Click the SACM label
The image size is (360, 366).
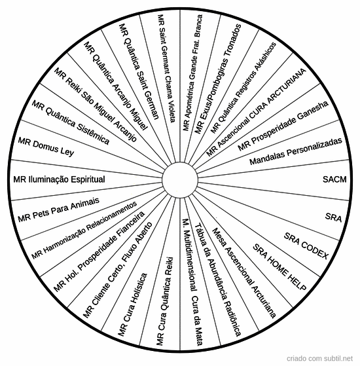tap(334, 179)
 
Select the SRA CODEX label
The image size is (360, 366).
tap(306, 246)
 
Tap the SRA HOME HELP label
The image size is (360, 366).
tap(279, 267)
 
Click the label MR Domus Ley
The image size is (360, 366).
tap(46, 147)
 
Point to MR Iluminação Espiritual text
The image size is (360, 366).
tap(59, 179)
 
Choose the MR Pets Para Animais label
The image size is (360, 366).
tap(58, 210)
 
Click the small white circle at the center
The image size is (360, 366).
tap(180, 180)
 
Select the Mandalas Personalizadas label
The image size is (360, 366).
tap(296, 151)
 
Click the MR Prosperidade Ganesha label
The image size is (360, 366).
tap(283, 126)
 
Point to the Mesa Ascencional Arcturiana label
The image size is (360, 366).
tap(244, 273)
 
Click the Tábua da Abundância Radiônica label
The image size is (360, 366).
tap(217, 280)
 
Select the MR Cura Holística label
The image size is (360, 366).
tap(132, 304)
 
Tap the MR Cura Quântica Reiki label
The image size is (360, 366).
tap(165, 301)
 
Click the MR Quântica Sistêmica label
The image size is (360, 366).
tap(70, 122)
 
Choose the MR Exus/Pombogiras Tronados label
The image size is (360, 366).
tap(218, 79)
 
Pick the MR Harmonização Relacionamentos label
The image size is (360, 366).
tap(84, 230)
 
